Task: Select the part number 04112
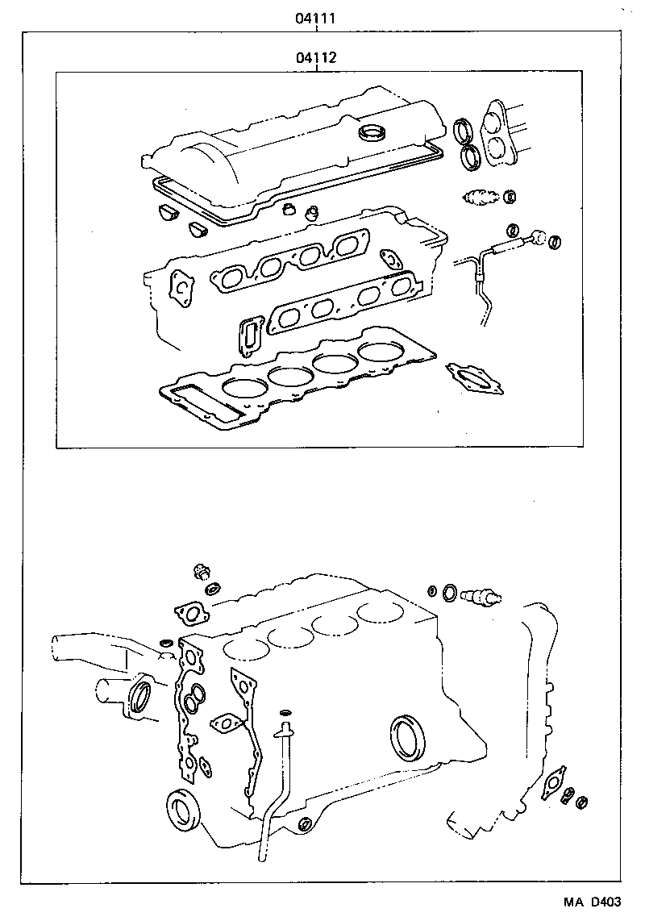coord(317,58)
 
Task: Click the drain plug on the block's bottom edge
coord(305,824)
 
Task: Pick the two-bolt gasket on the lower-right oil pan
coord(552,784)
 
